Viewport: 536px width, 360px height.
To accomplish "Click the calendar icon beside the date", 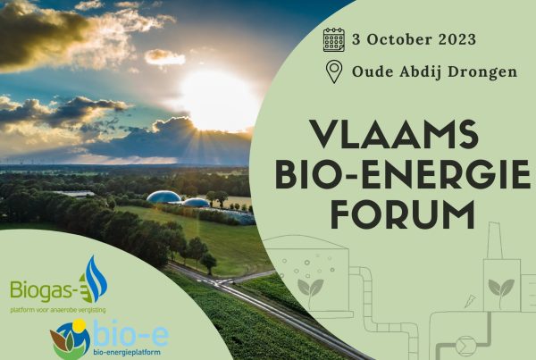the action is [333, 39].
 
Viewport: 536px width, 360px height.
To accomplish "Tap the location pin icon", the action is [334, 71].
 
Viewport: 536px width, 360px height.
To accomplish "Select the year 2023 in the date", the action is [457, 39].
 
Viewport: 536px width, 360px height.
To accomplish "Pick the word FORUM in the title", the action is [403, 214].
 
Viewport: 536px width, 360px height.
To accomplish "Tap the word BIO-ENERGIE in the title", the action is [403, 174].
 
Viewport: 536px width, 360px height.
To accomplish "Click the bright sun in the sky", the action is [218, 100].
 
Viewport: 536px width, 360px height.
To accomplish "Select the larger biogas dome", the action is [163, 197].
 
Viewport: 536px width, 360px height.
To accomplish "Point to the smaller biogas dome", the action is [196, 203].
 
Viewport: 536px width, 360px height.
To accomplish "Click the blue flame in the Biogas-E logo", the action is [96, 279].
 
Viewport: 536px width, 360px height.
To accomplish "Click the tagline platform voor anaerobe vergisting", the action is [58, 311].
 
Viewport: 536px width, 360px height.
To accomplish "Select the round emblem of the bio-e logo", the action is [70, 339].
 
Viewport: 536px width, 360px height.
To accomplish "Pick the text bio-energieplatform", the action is [127, 352].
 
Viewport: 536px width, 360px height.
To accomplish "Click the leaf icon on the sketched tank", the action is [310, 289].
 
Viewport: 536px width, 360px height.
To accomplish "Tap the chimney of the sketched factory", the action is [494, 240].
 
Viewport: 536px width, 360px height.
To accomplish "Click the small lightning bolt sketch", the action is [470, 301].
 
